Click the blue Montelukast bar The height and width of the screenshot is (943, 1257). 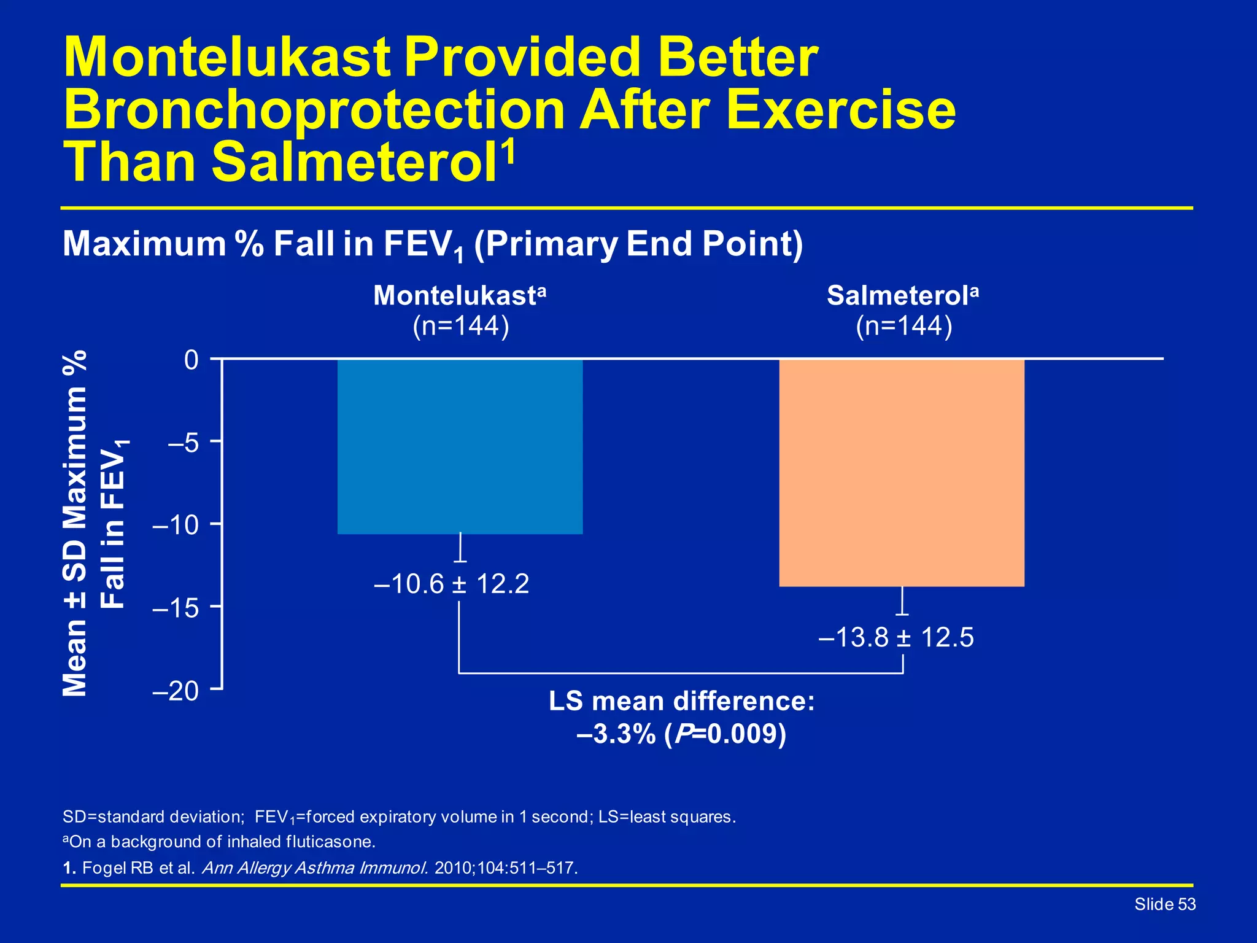(x=460, y=446)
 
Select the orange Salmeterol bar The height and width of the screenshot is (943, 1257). (x=902, y=473)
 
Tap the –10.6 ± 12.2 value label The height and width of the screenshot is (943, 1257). (x=451, y=583)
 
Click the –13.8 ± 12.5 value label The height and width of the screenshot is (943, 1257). (x=895, y=637)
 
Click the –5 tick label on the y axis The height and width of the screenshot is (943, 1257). (x=183, y=442)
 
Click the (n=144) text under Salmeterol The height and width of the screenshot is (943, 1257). (x=903, y=326)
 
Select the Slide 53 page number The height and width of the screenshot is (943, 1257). (x=1164, y=904)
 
